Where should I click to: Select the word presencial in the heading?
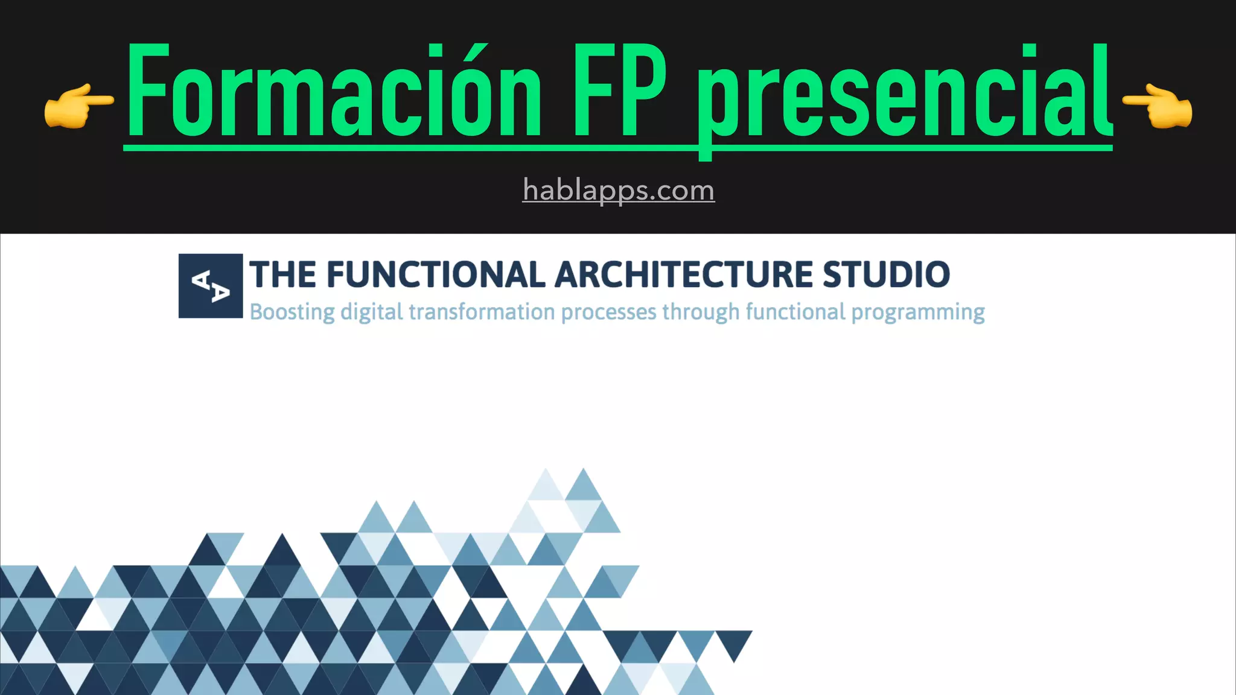click(x=905, y=94)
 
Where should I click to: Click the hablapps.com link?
click(x=618, y=190)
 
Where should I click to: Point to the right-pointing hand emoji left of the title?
click(x=78, y=106)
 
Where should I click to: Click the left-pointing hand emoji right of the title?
click(x=1158, y=106)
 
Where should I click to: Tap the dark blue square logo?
click(x=210, y=285)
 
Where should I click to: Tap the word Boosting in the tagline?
click(x=292, y=313)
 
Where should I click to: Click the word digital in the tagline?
click(x=371, y=313)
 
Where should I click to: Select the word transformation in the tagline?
click(x=482, y=313)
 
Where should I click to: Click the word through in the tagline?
click(x=701, y=313)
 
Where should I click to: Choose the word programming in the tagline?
click(x=917, y=313)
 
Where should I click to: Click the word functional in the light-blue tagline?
click(x=795, y=313)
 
